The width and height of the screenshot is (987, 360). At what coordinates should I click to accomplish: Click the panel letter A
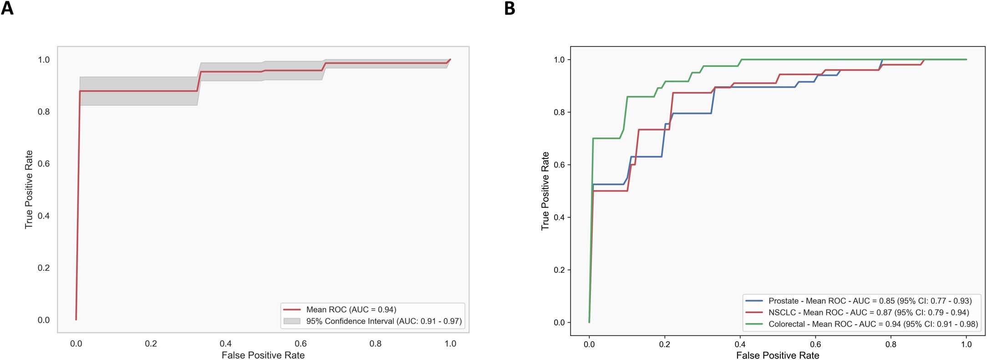point(7,8)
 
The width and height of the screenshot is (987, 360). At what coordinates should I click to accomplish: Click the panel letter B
point(510,8)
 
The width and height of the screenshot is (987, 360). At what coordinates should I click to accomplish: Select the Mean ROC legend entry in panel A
point(351,309)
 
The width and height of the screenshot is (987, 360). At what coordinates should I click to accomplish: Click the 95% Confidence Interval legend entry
point(383,321)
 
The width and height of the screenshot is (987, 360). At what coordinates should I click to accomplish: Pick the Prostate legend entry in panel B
point(870,301)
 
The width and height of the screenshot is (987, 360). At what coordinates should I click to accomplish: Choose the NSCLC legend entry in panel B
point(868,313)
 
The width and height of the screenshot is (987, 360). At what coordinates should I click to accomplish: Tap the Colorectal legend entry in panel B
point(873,324)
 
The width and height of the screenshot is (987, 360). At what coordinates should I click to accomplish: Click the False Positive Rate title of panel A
point(263,355)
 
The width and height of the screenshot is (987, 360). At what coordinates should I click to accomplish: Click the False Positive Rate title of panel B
point(778,355)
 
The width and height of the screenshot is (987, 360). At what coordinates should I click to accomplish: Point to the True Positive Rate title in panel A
point(29,189)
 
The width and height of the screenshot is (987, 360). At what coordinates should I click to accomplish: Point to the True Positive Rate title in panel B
point(545,191)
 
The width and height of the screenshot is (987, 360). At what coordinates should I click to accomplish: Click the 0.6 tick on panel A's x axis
point(300,344)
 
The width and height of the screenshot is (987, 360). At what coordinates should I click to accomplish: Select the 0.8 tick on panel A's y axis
point(44,112)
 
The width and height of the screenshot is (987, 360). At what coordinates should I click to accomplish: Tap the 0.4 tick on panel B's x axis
point(740,345)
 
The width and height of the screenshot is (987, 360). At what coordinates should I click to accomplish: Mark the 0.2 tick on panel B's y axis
point(559,270)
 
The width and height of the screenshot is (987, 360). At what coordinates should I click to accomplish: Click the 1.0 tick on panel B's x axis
point(966,345)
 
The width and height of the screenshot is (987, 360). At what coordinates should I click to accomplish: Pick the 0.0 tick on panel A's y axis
point(44,320)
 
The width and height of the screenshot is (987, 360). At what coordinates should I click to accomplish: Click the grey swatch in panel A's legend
point(292,321)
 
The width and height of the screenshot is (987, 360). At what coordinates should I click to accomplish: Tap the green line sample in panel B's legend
point(754,324)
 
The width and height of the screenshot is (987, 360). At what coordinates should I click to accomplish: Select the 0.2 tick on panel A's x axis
point(151,344)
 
